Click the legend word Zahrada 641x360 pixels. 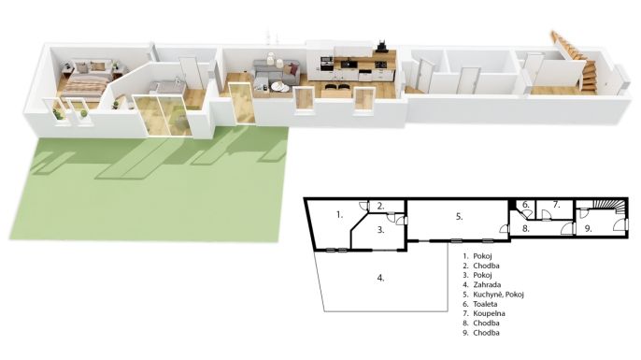coord(487,284)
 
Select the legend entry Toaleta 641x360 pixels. coord(485,304)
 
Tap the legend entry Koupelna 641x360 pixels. coord(489,314)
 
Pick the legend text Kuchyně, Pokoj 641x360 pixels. coord(498,295)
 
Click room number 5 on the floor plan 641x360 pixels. coord(459,217)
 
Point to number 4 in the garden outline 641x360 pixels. coord(380,279)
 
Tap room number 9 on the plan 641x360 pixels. coord(588,229)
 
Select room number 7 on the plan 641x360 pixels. coord(556,205)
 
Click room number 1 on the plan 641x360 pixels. coord(339,214)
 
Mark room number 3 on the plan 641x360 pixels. coord(380,230)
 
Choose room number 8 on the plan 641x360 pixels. coord(526,229)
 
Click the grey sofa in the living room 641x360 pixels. coord(276,72)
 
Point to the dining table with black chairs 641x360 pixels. coord(336,90)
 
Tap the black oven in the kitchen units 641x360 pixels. coord(327,65)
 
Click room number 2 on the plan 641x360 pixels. coord(380,206)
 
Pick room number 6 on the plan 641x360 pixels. coord(526,205)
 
